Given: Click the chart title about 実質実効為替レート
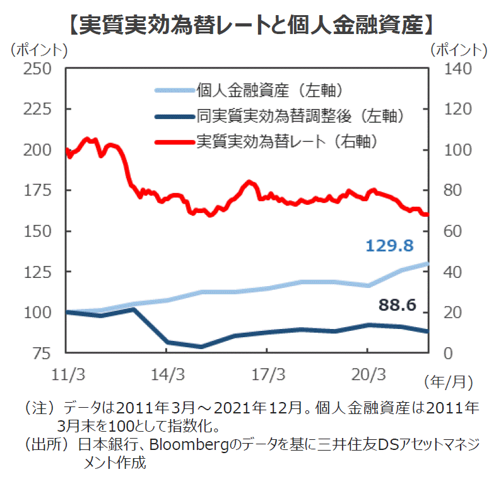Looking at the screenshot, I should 250,23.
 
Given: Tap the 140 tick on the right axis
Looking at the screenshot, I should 452,69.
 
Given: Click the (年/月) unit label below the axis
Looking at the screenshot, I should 448,381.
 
